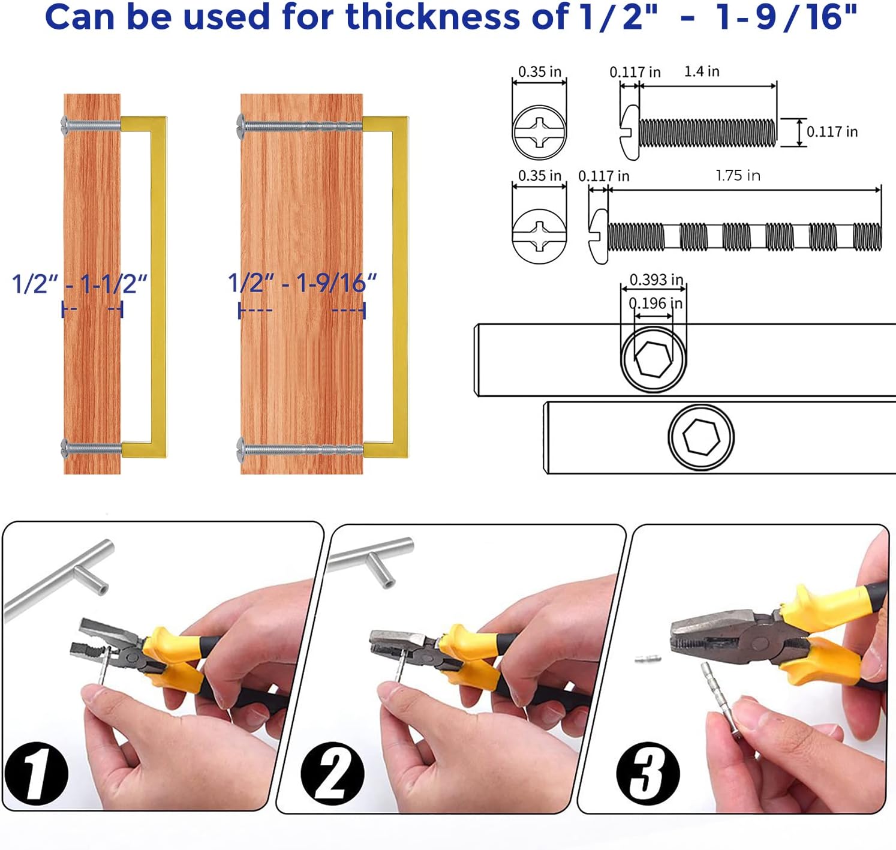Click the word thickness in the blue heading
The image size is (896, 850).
433,17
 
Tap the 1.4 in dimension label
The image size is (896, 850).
702,71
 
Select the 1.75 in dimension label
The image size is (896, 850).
738,176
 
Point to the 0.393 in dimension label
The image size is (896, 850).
656,280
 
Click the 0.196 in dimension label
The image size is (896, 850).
656,304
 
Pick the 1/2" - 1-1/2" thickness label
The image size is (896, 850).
80,284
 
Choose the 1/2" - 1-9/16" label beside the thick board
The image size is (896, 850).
302,283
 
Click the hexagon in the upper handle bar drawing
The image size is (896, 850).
654,359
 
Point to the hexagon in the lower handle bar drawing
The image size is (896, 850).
701,437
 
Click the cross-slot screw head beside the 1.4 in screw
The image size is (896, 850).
539,133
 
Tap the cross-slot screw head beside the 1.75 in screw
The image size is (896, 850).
539,237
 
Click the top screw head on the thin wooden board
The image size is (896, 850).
65,125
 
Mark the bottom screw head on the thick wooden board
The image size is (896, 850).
240,450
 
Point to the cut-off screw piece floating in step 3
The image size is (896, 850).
648,659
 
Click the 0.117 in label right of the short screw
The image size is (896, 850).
832,132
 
